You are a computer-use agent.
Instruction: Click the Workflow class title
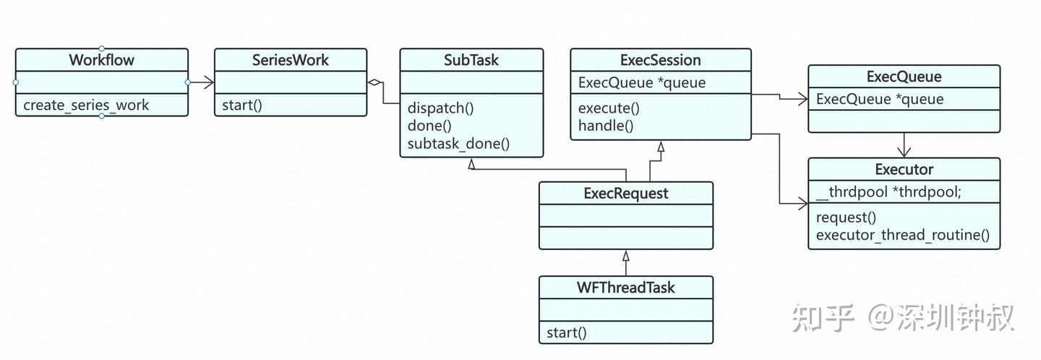101,60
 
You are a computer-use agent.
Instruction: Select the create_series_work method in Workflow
86,105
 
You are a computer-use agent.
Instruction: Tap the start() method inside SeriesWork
242,105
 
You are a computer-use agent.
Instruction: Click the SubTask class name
471,60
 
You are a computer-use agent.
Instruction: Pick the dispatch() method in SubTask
440,108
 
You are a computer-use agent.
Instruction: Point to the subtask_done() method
458,143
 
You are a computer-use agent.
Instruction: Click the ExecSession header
660,60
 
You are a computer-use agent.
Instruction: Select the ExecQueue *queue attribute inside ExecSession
642,82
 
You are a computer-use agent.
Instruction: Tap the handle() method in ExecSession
606,126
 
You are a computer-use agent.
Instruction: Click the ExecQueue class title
904,77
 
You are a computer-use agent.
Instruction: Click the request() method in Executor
846,218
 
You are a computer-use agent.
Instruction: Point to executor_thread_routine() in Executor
902,235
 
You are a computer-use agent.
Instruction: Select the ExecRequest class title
625,193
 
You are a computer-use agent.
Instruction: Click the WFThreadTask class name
625,288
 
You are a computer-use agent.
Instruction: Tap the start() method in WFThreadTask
567,333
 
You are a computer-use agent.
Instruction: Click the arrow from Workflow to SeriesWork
202,82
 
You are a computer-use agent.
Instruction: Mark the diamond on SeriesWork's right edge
374,82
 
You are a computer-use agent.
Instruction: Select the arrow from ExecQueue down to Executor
904,145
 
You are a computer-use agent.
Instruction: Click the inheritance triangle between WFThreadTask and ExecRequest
626,256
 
